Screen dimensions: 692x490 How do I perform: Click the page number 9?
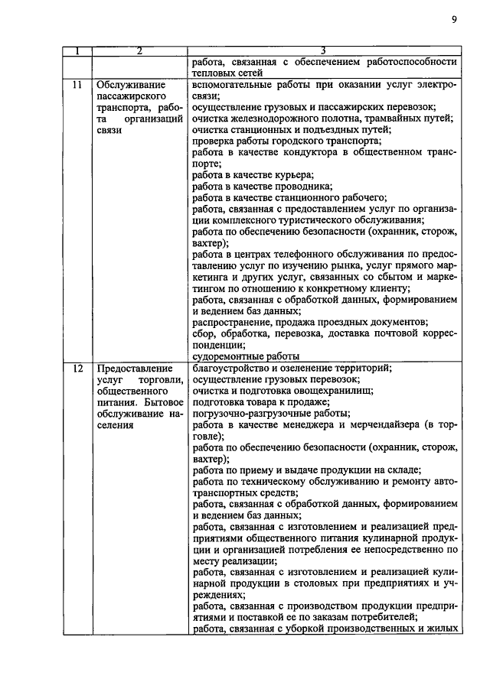453,20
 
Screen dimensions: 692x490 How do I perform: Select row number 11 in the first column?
77,86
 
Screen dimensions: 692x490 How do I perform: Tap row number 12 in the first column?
77,369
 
